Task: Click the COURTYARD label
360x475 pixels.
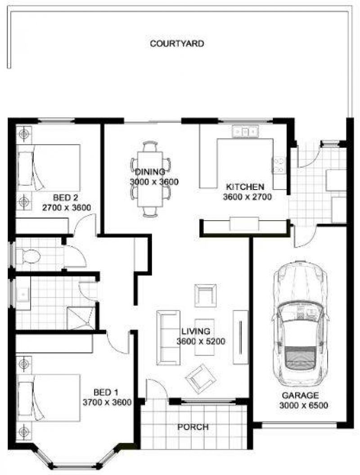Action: [x=177, y=44]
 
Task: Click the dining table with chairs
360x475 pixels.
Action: [x=150, y=179]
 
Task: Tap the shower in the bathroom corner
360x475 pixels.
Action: [x=81, y=317]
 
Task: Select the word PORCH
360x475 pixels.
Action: [x=193, y=427]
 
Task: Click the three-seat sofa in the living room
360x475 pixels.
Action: [x=167, y=337]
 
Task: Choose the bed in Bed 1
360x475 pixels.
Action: [x=49, y=400]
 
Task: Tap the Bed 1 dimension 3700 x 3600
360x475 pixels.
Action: [x=107, y=402]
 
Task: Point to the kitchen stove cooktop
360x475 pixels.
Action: [x=279, y=165]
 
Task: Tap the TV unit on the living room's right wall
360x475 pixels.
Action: [x=240, y=336]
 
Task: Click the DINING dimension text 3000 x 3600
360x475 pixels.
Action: [x=154, y=182]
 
